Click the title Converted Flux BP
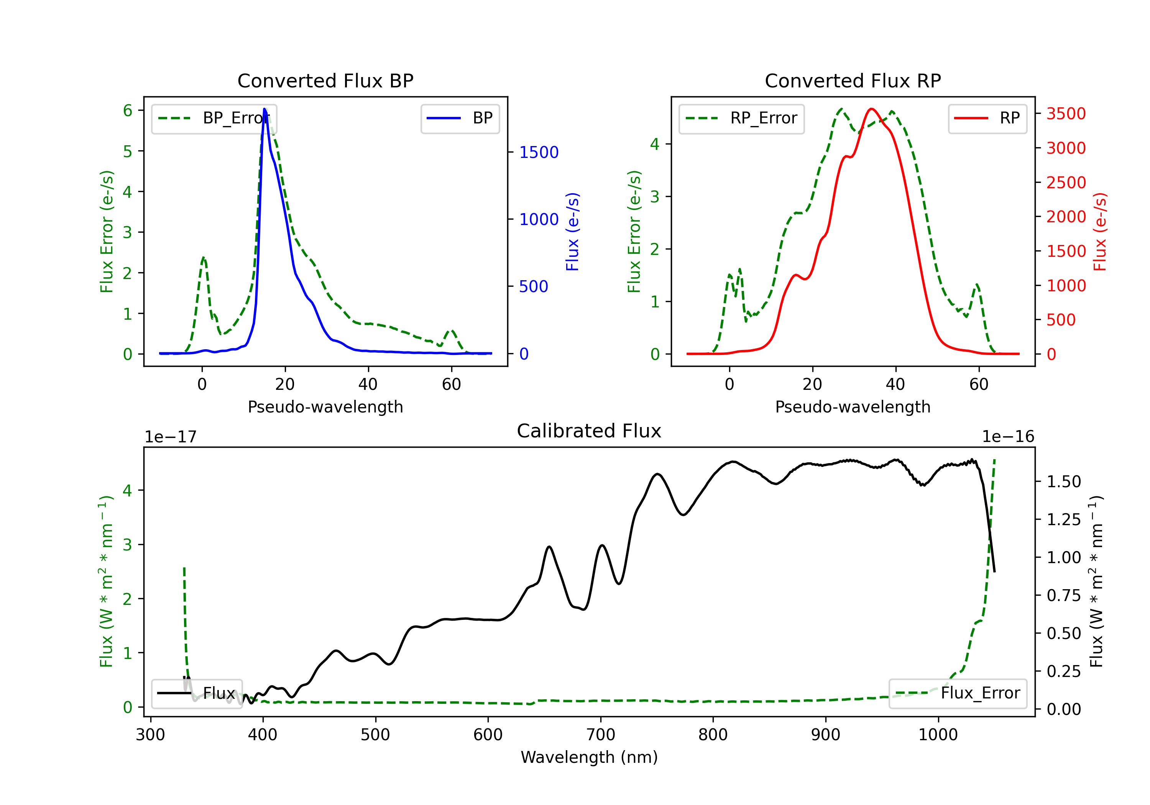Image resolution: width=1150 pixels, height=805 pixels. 325,80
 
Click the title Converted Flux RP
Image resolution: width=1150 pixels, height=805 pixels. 853,80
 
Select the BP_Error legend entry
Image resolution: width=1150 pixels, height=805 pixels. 214,118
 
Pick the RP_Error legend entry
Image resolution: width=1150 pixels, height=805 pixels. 741,118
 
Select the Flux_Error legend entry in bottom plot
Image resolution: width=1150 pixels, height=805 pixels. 957,693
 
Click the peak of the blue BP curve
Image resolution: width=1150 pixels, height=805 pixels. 264,109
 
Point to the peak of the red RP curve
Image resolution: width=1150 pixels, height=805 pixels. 872,109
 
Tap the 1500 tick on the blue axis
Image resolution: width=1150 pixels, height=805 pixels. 539,152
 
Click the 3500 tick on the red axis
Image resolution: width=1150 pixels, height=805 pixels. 1066,114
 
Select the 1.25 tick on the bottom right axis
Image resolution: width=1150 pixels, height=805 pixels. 1063,519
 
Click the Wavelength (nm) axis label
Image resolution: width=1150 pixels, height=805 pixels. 589,757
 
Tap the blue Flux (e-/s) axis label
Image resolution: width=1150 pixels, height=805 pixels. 572,232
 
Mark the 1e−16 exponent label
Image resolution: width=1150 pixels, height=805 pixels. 1008,437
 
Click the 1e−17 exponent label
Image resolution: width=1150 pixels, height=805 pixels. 170,437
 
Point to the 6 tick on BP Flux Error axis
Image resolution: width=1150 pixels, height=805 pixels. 128,111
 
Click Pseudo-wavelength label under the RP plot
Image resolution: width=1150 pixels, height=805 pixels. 853,407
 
